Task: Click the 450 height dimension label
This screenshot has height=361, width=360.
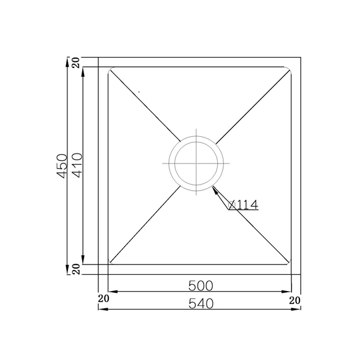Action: [x=62, y=166]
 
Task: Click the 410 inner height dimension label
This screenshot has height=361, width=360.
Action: [x=78, y=165]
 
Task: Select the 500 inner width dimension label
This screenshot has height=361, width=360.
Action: [x=200, y=286]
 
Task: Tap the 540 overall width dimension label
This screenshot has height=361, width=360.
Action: [x=201, y=303]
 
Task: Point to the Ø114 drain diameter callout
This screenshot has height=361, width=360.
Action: [x=243, y=204]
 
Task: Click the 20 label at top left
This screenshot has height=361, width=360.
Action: [x=77, y=62]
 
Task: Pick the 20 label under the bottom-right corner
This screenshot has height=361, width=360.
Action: [x=294, y=300]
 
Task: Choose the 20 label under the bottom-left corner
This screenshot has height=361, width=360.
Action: [x=103, y=298]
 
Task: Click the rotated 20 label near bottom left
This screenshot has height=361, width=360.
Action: [x=77, y=269]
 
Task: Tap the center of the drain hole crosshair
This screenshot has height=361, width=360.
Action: [x=196, y=163]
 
